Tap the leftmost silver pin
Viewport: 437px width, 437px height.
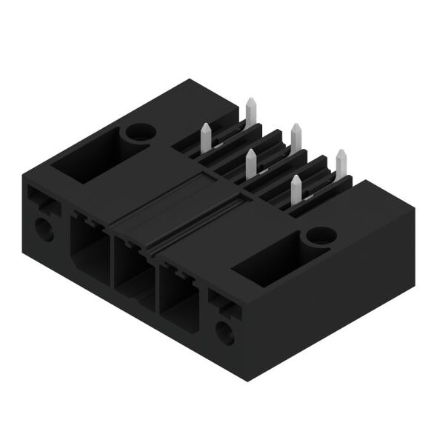[x=205, y=138]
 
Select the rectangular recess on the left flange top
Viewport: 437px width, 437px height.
[x=92, y=157]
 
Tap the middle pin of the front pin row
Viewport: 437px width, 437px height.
[x=250, y=164]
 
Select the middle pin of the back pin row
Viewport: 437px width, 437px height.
[x=296, y=137]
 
